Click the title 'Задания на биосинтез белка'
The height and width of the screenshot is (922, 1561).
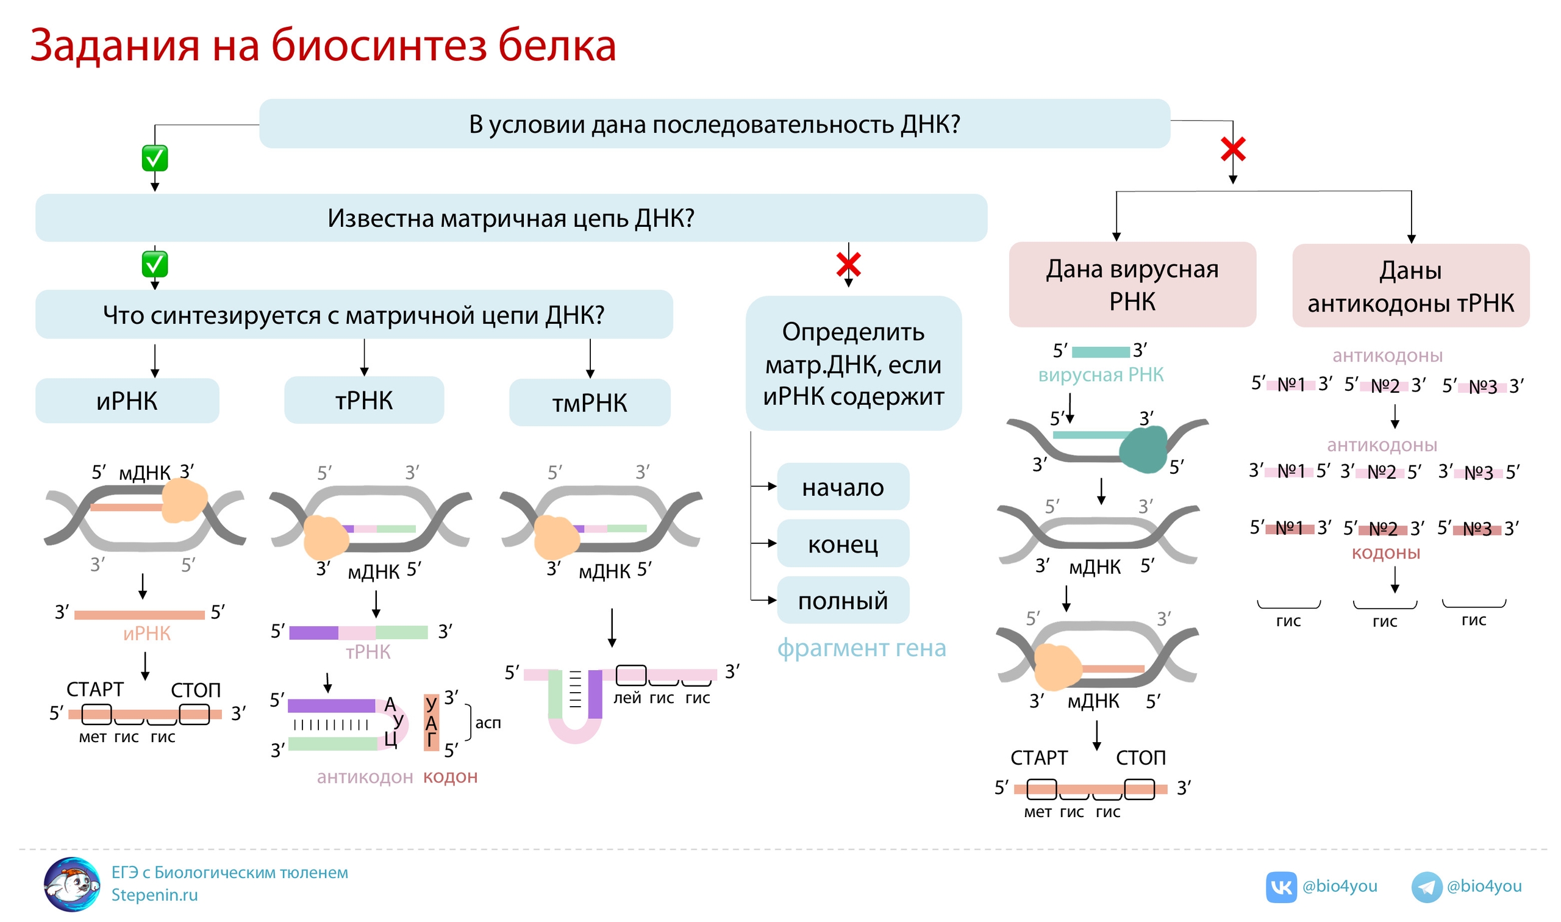[323, 45]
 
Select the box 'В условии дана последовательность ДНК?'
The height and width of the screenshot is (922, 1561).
[715, 124]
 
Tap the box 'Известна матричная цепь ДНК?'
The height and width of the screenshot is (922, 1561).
[510, 218]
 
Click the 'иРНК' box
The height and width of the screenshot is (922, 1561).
[127, 401]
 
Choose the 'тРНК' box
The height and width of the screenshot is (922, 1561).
[364, 401]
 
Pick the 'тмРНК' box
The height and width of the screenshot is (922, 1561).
[590, 403]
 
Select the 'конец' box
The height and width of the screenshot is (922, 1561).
[843, 545]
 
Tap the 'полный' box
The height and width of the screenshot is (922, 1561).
[843, 601]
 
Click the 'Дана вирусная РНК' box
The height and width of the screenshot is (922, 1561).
[1132, 285]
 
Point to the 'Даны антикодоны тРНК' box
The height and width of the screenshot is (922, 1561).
[1410, 287]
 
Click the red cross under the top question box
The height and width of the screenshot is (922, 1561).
[1233, 150]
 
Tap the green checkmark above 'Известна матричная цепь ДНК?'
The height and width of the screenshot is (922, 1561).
[155, 159]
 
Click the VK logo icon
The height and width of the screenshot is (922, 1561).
[1281, 887]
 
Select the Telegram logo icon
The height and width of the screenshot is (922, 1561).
[1426, 887]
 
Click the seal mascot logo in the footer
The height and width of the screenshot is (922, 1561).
[72, 884]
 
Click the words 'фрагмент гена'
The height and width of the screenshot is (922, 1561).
[862, 648]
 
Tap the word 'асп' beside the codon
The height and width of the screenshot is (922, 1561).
[488, 723]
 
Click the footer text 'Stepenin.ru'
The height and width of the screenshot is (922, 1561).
[155, 895]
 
